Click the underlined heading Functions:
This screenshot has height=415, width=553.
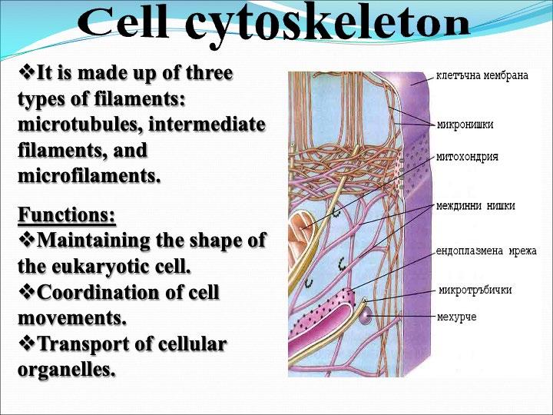(67, 214)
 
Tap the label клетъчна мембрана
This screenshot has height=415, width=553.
(482, 76)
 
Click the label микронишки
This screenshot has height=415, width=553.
(465, 124)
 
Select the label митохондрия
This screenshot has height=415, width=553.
(467, 157)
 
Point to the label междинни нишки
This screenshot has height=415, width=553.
(475, 206)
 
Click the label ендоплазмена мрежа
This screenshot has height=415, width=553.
(486, 251)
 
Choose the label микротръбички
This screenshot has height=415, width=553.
(475, 290)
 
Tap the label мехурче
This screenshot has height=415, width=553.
(456, 316)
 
